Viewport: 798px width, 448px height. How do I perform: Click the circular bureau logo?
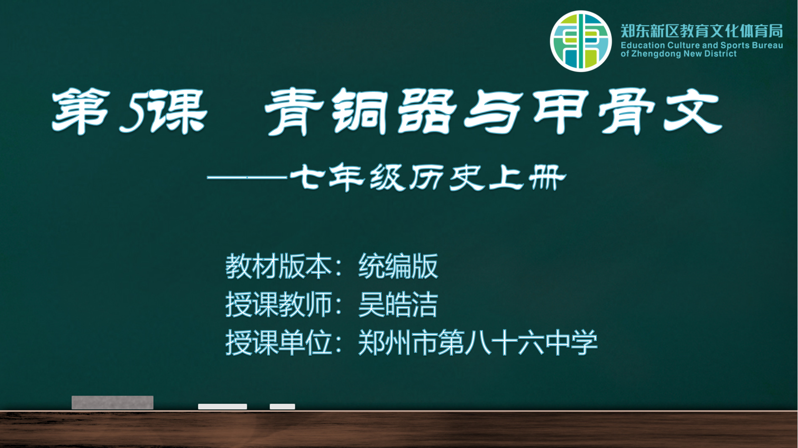click(580, 41)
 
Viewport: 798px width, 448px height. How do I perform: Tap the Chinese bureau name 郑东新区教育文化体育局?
click(701, 31)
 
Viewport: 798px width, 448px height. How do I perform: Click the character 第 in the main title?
click(81, 111)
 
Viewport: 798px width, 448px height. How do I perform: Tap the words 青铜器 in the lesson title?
click(360, 112)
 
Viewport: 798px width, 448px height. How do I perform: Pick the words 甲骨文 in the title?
click(627, 112)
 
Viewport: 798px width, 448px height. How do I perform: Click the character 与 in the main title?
click(493, 112)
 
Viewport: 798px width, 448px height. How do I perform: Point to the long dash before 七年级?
click(247, 177)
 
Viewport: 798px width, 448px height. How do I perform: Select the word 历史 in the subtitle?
click(447, 178)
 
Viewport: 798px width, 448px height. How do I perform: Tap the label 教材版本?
click(278, 266)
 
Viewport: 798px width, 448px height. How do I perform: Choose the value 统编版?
click(398, 266)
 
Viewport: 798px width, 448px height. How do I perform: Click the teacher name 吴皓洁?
click(398, 305)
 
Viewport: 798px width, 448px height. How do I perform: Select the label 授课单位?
click(278, 342)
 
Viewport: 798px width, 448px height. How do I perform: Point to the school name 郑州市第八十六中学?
click(478, 342)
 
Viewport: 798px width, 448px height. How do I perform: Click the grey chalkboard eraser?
click(113, 402)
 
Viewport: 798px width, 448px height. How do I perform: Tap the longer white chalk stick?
click(223, 407)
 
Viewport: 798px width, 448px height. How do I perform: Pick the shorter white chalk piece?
click(283, 407)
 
